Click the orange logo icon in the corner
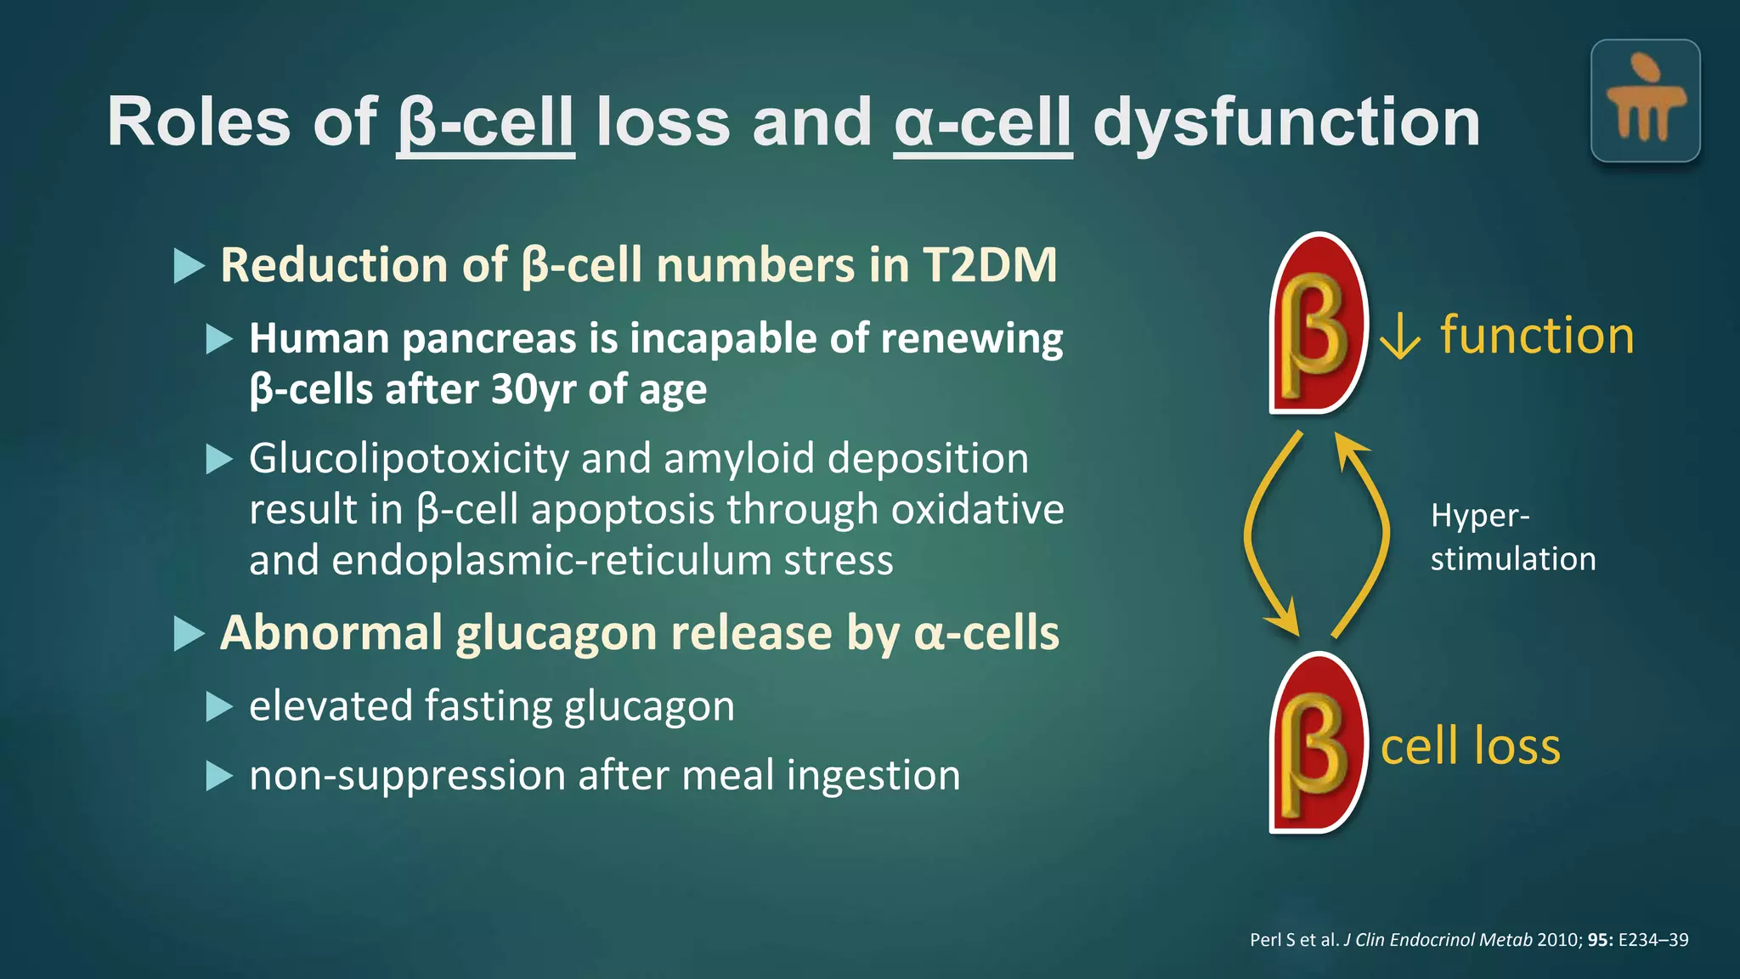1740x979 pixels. point(1645,101)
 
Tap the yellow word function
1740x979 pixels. point(1537,336)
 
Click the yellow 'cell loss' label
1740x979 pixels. point(1471,746)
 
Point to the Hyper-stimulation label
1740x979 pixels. point(1512,537)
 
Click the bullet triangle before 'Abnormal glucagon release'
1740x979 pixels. point(189,634)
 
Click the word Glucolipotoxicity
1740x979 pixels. point(409,459)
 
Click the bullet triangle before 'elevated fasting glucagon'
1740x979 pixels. point(219,706)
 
